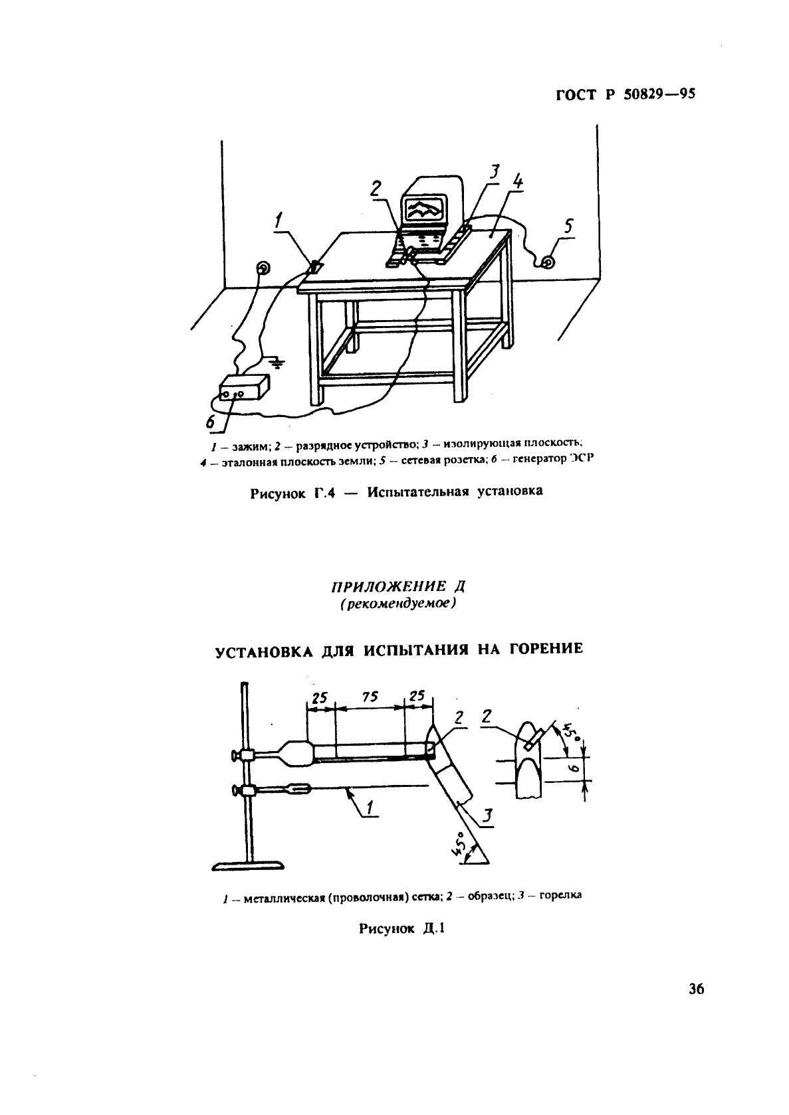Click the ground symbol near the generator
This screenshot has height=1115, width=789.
(x=278, y=363)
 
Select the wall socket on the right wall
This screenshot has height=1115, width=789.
(x=547, y=263)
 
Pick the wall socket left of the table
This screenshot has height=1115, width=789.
(x=264, y=268)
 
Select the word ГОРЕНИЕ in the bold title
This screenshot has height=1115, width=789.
(x=545, y=649)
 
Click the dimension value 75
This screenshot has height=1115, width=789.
(x=370, y=697)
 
